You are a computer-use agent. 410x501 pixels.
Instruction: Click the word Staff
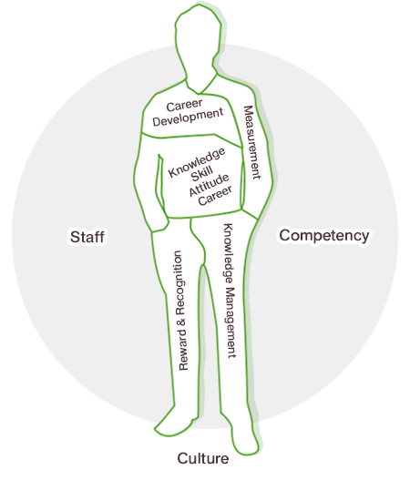click(x=87, y=237)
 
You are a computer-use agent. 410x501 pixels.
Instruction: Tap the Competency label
click(x=324, y=236)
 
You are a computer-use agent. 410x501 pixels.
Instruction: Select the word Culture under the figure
click(x=203, y=458)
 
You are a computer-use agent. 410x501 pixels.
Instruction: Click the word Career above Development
click(x=184, y=105)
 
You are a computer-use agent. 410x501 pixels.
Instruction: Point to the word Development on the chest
click(x=188, y=118)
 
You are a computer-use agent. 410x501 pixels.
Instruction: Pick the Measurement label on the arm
click(x=252, y=142)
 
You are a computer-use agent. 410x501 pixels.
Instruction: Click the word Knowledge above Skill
click(x=197, y=162)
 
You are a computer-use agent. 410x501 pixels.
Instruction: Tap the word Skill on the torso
click(x=202, y=174)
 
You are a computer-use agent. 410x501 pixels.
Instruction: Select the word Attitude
click(x=209, y=185)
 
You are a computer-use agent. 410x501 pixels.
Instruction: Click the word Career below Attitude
click(x=215, y=196)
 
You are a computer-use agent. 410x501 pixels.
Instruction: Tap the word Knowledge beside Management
click(x=228, y=253)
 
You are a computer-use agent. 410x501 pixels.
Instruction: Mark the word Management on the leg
click(x=231, y=322)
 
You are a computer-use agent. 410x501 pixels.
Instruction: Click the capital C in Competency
click(x=285, y=235)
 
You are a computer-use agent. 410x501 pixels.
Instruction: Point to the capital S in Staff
click(x=75, y=237)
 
